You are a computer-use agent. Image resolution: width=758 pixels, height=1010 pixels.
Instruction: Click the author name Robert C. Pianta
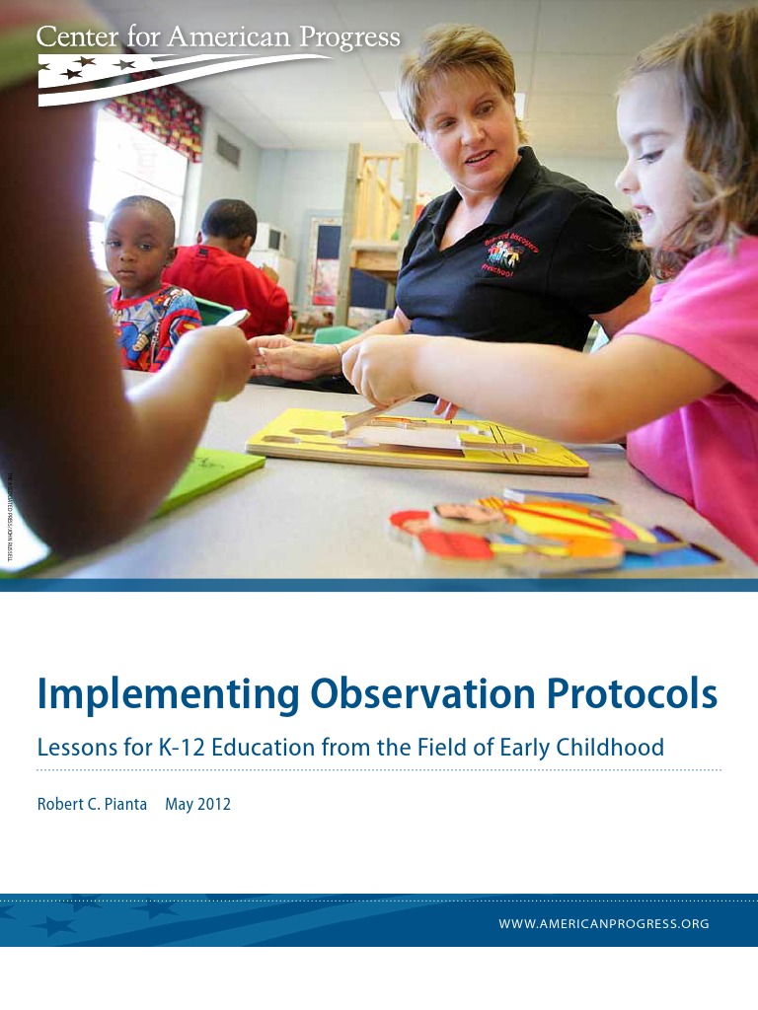(x=92, y=804)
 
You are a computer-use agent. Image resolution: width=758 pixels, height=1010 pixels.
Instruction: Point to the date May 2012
(x=197, y=804)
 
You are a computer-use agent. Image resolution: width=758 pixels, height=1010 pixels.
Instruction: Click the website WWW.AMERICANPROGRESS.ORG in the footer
(x=605, y=924)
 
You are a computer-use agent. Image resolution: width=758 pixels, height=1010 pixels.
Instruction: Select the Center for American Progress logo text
(x=218, y=37)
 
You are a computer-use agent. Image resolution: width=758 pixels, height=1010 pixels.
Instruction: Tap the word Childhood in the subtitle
(x=609, y=748)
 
